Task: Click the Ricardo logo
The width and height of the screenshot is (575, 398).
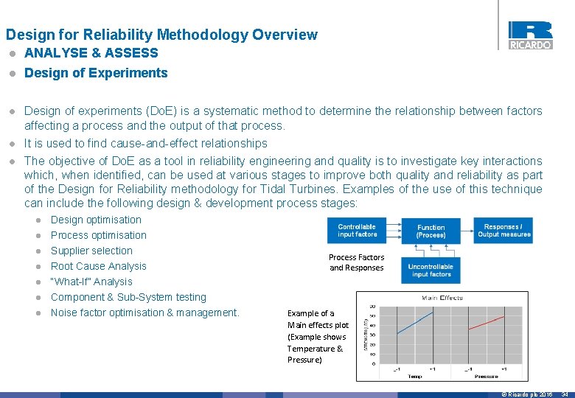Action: coord(530,35)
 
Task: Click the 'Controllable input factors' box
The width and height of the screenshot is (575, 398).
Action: coord(357,231)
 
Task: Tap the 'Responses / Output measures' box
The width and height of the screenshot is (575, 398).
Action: coord(504,231)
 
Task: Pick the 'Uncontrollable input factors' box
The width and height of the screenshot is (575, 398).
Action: coord(431,270)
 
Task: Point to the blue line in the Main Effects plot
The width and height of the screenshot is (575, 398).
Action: coord(416,322)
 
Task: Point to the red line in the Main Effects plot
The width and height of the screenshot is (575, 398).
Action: coord(487,322)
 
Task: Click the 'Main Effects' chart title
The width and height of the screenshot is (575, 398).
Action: coord(442,298)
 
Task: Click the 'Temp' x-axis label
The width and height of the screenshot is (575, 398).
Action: coord(415,376)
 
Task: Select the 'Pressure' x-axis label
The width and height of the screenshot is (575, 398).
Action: coord(487,376)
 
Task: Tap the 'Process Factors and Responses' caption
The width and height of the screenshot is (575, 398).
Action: coord(357,262)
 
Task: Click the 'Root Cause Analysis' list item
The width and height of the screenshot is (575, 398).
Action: coord(98,266)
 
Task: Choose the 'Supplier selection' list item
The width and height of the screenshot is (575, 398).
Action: coord(91,251)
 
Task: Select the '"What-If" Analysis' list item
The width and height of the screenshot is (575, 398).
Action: coord(91,282)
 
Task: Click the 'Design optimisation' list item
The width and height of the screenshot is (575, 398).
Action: coord(96,220)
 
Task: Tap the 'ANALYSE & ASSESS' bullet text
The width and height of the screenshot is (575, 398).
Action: coord(91,53)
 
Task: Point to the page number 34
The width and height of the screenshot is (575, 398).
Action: coord(565,394)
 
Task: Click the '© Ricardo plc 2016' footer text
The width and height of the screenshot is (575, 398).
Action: coord(526,394)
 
